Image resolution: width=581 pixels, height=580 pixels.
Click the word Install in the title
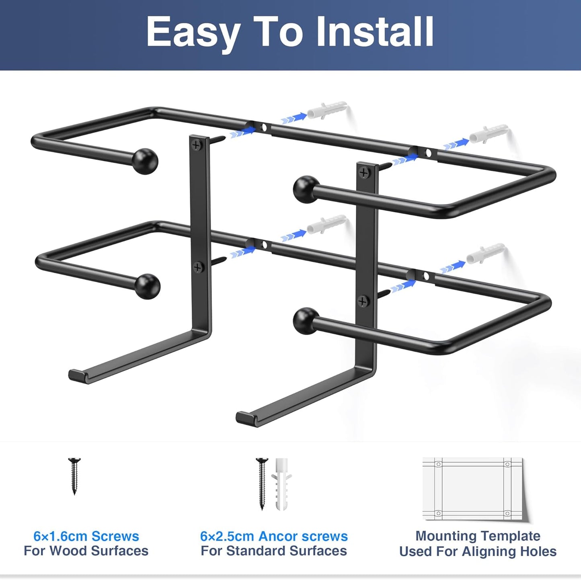coord(375,32)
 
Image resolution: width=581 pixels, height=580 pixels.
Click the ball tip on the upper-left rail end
coord(145,161)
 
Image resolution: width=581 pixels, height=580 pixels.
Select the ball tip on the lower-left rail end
coord(147,286)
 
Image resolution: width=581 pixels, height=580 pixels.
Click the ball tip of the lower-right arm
coord(306,320)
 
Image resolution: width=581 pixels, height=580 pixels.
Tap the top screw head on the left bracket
coord(197,145)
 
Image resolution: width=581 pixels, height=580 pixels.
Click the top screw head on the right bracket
coord(364,173)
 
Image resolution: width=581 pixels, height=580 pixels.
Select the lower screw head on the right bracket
coord(363,301)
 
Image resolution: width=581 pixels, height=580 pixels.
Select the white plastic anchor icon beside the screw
coord(281,484)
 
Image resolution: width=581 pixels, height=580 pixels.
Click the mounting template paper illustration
coord(473,489)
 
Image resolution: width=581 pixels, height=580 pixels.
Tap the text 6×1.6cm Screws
coord(86,536)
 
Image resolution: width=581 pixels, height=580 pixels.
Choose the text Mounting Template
coord(478,536)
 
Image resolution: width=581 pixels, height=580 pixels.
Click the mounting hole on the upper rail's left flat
coord(264,128)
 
